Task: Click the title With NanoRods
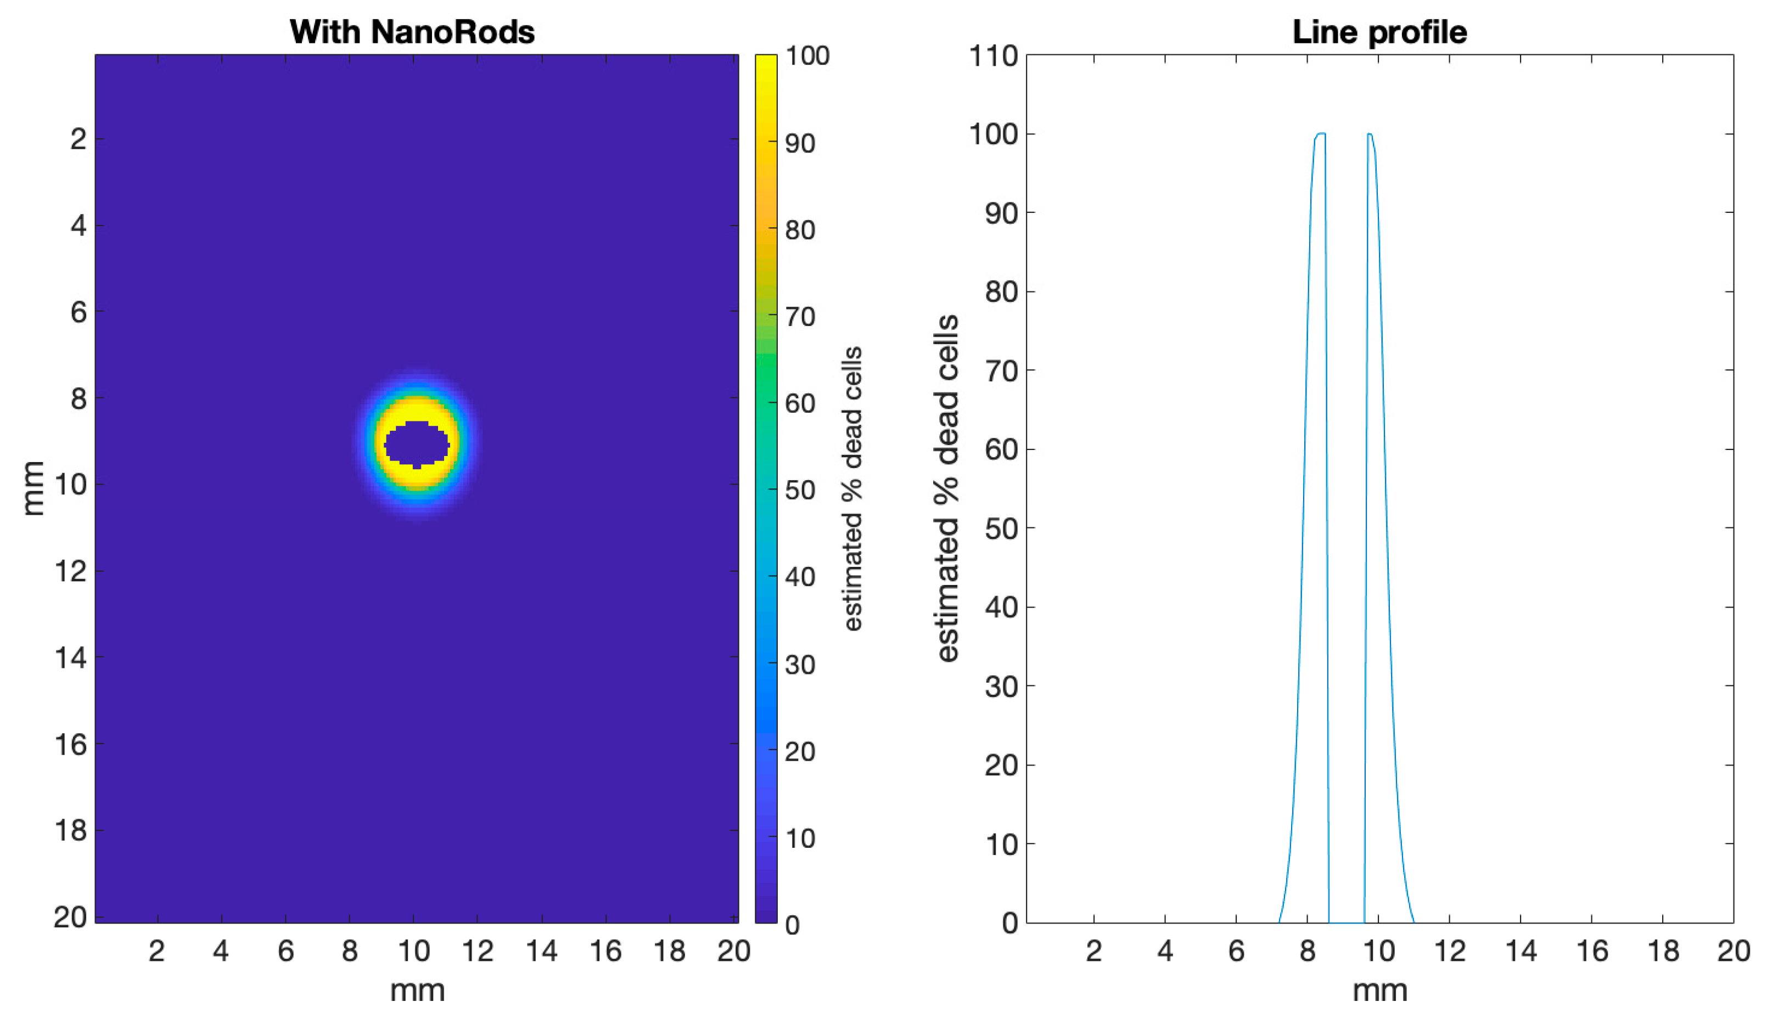(412, 32)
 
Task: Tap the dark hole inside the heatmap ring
(417, 445)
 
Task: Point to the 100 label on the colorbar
(807, 56)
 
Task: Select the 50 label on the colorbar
(800, 491)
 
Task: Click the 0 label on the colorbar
(792, 925)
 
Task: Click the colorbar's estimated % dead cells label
(852, 489)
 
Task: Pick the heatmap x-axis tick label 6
(285, 951)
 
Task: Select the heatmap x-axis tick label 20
(733, 951)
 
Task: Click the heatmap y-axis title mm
(32, 488)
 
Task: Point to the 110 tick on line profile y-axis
(993, 56)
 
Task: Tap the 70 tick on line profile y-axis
(1001, 371)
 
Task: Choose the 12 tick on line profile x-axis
(1449, 951)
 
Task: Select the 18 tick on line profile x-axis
(1663, 951)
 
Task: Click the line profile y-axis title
(947, 488)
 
